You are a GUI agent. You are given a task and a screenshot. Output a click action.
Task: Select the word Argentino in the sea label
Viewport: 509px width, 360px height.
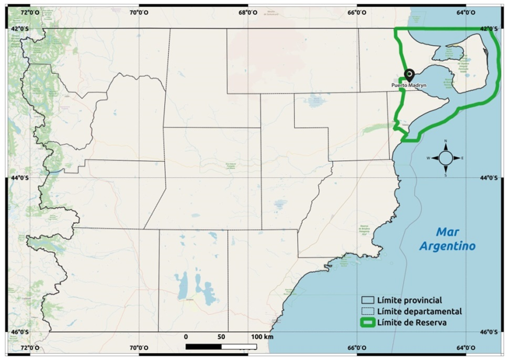(x=448, y=245)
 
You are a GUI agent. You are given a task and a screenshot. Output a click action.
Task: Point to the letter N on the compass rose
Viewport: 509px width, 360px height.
(x=446, y=141)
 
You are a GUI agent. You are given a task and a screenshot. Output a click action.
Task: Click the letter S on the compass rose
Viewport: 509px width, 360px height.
(x=446, y=175)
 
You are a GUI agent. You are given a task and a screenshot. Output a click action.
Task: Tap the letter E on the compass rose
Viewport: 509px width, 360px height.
(x=462, y=158)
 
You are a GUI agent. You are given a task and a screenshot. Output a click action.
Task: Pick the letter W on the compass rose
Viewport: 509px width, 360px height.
(x=428, y=158)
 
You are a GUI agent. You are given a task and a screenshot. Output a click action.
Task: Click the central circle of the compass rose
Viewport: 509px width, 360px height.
(x=446, y=158)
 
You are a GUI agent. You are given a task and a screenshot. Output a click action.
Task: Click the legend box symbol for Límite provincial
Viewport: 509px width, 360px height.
(x=368, y=300)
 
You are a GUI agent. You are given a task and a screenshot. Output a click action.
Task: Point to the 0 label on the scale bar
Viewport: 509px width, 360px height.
(x=186, y=336)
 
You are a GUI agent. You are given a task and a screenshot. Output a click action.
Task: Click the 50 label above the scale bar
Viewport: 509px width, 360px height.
(x=221, y=336)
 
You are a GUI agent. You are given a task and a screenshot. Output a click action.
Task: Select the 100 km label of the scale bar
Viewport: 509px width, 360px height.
(x=262, y=336)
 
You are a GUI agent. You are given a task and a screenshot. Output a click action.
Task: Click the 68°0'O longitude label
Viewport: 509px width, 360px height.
(x=247, y=13)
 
